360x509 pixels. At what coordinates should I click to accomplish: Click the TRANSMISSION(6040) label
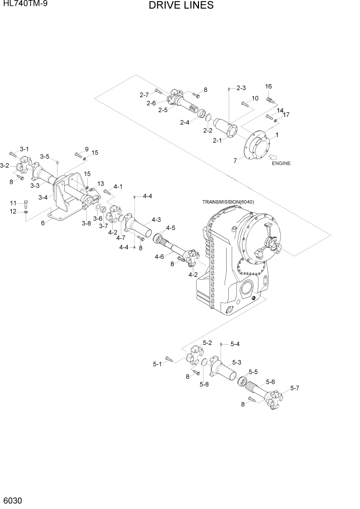(x=228, y=202)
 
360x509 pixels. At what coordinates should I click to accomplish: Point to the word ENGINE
(x=281, y=163)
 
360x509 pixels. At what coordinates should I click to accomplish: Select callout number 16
(x=268, y=86)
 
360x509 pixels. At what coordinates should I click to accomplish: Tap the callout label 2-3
(x=241, y=88)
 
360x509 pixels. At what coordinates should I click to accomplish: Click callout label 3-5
(x=45, y=156)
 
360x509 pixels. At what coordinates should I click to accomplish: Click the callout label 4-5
(x=170, y=228)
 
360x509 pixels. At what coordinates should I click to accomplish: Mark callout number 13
(x=101, y=184)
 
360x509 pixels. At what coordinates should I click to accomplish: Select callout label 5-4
(x=235, y=344)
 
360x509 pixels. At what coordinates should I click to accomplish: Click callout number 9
(x=86, y=149)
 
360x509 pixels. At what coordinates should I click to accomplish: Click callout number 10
(x=255, y=98)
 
